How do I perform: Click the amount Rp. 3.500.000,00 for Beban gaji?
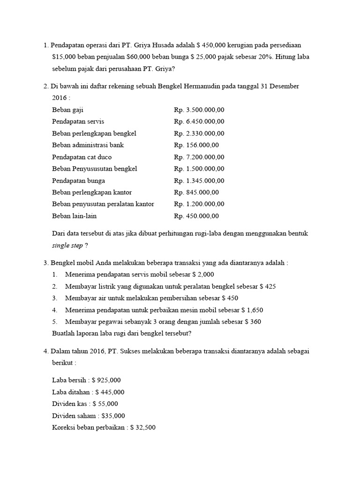pos(199,110)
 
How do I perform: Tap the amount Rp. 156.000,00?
pos(196,145)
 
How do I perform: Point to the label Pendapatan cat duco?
pos(82,157)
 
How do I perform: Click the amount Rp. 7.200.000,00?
pos(199,157)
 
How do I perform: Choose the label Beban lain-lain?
pos(75,216)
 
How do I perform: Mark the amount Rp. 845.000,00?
pos(196,192)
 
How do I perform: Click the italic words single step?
pos(68,245)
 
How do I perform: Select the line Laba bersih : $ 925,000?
pos(87,380)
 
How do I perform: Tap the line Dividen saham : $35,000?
pos(89,416)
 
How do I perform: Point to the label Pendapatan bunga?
pos(79,180)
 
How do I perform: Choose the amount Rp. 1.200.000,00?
pos(199,204)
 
